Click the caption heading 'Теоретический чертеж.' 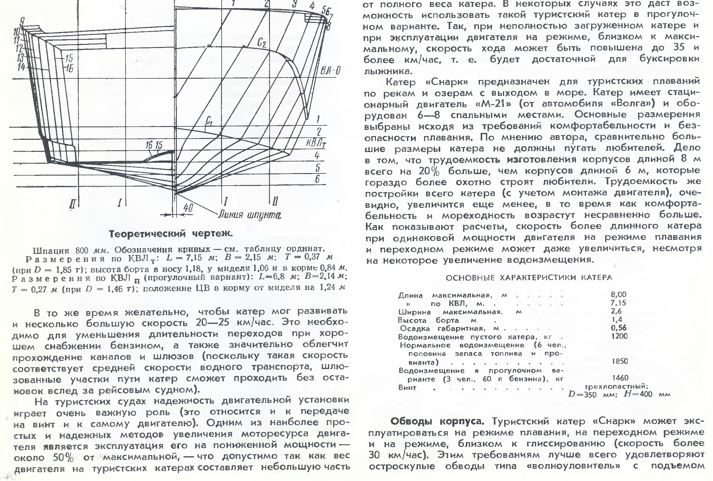click(x=171, y=234)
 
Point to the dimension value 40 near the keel click(x=187, y=208)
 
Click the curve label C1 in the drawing click(x=209, y=121)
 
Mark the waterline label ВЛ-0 click(x=330, y=69)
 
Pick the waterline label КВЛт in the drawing click(x=316, y=143)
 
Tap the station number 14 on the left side click(x=22, y=67)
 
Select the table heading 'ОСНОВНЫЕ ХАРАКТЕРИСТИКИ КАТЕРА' click(x=529, y=277)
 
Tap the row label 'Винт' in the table click(x=407, y=388)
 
